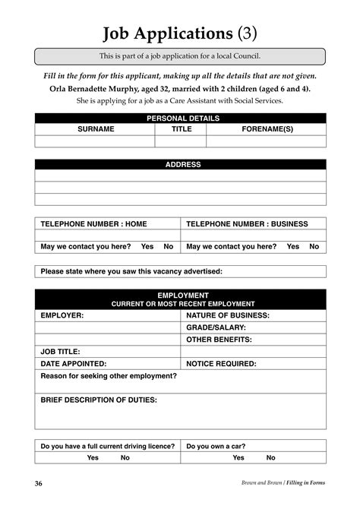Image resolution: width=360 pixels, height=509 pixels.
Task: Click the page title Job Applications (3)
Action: (179, 33)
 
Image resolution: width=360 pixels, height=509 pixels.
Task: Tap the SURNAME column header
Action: (96, 129)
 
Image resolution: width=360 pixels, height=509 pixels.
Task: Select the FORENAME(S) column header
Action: (267, 129)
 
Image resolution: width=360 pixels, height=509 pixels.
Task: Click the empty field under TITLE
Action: (181, 141)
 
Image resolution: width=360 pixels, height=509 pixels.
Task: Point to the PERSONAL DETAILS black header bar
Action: (180, 119)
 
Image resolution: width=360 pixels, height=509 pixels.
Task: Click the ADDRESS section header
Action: (180, 164)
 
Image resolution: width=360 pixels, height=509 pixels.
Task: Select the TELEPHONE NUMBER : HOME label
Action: (93, 224)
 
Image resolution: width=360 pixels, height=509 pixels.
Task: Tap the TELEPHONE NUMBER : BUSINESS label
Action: (248, 224)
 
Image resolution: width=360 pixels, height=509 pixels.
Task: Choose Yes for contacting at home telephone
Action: (147, 246)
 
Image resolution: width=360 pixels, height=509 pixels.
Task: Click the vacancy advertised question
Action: (131, 271)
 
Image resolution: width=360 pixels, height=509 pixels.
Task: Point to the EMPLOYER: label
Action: (62, 315)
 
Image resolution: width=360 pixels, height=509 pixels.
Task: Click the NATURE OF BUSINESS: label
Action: (228, 315)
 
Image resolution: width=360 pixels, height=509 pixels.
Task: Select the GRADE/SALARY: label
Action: (216, 327)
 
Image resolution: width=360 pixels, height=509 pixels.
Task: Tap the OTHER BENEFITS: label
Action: (219, 340)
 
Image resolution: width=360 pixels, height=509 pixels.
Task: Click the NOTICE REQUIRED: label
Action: (221, 363)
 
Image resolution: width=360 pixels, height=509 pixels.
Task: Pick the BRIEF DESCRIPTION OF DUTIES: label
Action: (99, 400)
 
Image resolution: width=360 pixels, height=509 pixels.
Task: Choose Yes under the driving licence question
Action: (93, 457)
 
